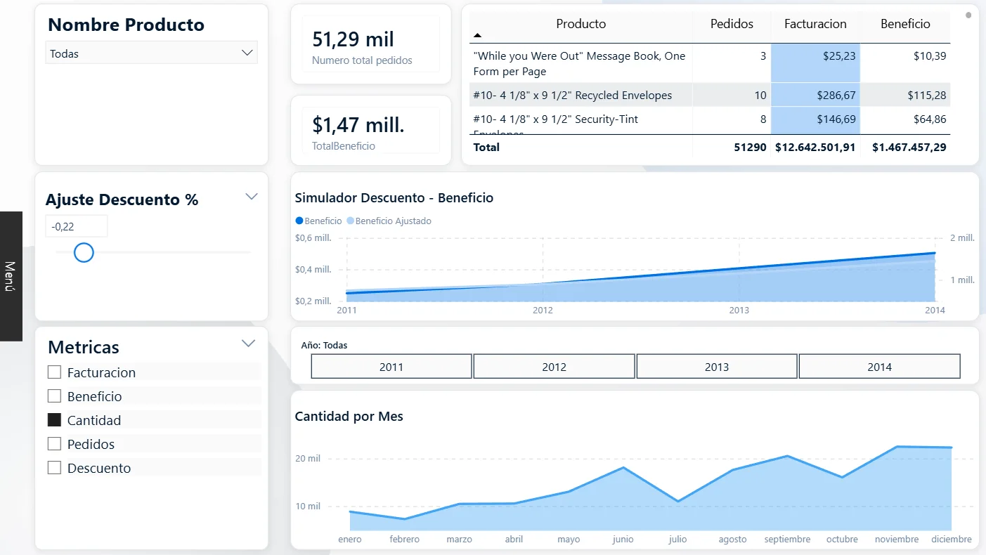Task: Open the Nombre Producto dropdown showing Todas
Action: coord(151,53)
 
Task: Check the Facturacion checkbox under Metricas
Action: coord(54,372)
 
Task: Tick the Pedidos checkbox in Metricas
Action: coord(54,444)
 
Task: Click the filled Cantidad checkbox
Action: coord(54,420)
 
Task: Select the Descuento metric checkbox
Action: coord(54,468)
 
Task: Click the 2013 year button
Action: coord(716,367)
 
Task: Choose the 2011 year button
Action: coord(391,367)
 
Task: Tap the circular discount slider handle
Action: coord(84,252)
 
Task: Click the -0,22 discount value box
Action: coord(76,226)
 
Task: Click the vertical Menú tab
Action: coord(11,276)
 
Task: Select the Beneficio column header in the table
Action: coord(904,24)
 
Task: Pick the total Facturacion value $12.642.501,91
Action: coord(815,148)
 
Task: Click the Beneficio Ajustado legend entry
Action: coord(392,221)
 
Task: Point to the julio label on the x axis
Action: coord(677,540)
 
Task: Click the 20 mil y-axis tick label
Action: coord(308,459)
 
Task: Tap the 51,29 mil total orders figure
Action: coord(353,39)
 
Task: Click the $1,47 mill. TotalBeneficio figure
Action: coord(358,125)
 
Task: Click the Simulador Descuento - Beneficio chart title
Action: coord(394,198)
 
